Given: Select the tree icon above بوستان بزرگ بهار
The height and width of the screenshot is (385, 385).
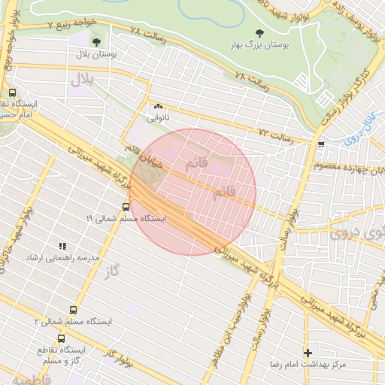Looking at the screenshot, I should pos(259,33).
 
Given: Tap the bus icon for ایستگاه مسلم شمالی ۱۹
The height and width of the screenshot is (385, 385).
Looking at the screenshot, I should pos(125,206).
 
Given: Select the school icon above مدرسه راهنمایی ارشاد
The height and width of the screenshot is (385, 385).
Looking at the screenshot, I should pos(62,246).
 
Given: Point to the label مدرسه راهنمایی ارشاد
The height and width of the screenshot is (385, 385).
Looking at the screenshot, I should pos(63,258).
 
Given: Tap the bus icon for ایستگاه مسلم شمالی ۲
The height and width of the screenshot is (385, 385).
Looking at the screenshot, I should pos(73,309).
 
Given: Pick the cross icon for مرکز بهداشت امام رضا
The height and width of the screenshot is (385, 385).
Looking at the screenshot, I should pos(307,352).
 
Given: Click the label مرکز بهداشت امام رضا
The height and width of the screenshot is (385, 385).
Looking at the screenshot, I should pos(308,364).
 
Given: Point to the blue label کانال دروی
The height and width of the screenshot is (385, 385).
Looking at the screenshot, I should pos(362,129).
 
